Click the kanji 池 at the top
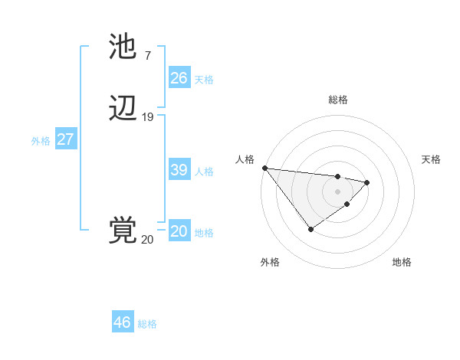coord(123,47)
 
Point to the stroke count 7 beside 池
coord(147,56)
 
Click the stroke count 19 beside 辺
coord(148,117)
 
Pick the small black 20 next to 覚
coord(147,240)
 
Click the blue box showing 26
coord(179,78)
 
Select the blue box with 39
coord(179,170)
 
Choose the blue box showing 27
coord(65,140)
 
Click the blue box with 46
coord(123,322)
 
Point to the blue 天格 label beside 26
coord(204,80)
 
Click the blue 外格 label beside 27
coord(41,141)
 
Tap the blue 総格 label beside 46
coord(147,324)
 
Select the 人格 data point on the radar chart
coord(264,168)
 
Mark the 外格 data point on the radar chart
coord(310,229)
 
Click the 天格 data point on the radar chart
coord(368,182)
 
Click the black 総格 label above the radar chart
coord(338,100)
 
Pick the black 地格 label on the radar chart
coord(402,262)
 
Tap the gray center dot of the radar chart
coord(337,190)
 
